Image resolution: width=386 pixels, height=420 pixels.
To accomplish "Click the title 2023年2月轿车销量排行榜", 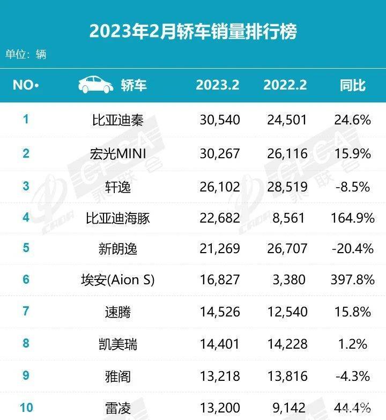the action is (x=193, y=31).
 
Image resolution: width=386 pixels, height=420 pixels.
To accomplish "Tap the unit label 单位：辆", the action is (x=26, y=54).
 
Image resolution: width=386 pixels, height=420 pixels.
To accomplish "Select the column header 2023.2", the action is (x=217, y=85).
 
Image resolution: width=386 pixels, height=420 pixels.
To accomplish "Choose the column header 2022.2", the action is (x=285, y=85).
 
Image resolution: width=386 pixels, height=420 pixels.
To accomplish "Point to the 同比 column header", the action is (x=353, y=85).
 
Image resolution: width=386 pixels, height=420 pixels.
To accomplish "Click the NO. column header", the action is (x=26, y=85).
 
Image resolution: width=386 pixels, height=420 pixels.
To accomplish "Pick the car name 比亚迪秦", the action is (x=118, y=120).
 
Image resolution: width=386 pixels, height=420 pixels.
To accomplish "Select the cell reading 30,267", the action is (x=220, y=154).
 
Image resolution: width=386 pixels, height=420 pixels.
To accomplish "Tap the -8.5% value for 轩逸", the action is (x=353, y=187).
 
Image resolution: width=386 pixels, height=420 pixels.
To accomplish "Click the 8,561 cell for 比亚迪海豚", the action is (x=288, y=218).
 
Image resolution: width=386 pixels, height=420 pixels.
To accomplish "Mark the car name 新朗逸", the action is (x=118, y=249).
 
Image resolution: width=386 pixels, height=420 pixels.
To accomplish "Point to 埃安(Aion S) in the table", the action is (x=118, y=280).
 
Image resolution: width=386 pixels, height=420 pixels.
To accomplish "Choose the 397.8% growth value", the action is (x=353, y=279).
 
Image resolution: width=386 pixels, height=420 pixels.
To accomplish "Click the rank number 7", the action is (x=26, y=311).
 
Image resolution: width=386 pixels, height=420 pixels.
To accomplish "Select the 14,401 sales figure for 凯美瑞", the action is (x=219, y=344).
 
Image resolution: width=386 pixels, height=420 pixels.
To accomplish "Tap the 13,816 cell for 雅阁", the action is (x=287, y=376).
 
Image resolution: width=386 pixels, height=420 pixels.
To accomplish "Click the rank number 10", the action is (x=26, y=408).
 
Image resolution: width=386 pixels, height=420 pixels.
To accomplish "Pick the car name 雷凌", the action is (x=118, y=408).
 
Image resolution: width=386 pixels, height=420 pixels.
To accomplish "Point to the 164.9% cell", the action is (x=353, y=218).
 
